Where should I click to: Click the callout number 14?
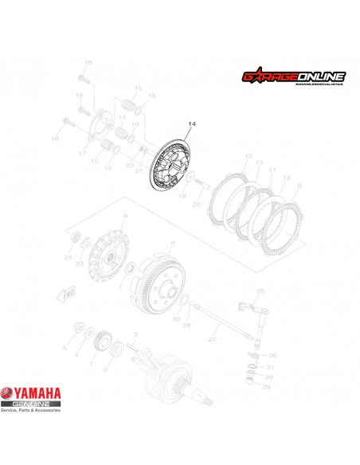190,124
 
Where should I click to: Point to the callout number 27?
213,340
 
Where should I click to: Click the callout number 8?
125,217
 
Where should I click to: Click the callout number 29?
267,386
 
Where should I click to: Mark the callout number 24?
68,257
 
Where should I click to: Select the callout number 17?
83,153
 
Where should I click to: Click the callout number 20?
196,205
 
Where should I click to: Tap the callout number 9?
299,186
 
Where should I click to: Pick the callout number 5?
65,349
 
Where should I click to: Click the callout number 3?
136,335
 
